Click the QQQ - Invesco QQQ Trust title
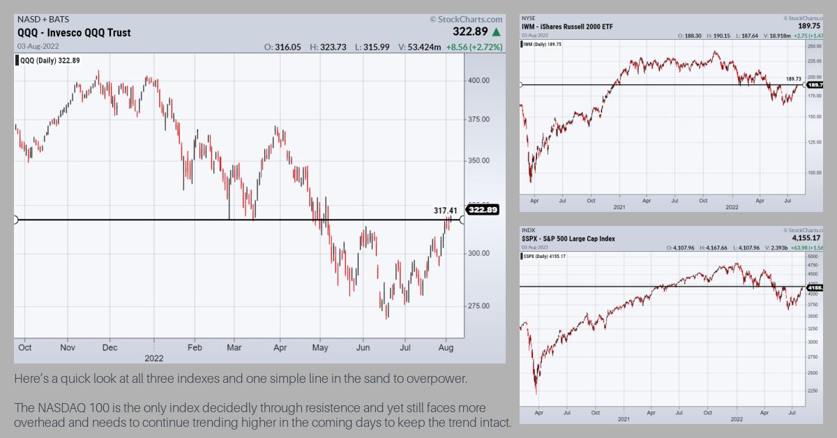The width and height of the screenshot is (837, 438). [74, 33]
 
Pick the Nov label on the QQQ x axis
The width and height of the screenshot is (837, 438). [68, 347]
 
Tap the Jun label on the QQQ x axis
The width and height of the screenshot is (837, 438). [363, 347]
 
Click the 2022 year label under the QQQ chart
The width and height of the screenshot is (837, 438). [153, 357]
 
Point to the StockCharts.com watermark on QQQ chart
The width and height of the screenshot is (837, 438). [466, 20]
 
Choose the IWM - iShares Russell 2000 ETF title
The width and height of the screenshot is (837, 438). [568, 27]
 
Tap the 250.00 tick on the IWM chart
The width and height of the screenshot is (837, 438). [813, 46]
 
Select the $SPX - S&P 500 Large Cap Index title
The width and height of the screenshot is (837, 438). [568, 239]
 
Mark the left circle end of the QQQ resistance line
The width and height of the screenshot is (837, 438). [15, 220]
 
